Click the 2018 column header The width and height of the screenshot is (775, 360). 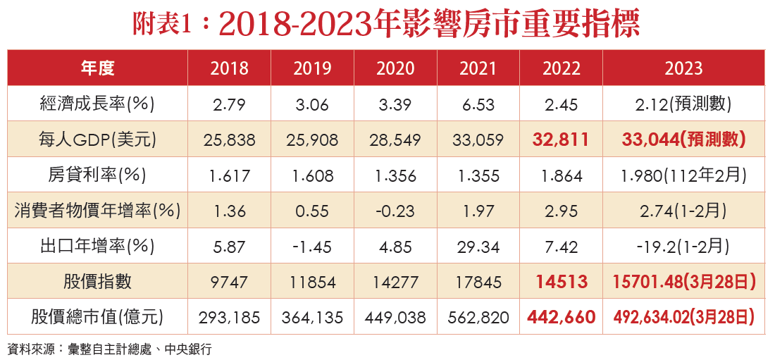pos(229,68)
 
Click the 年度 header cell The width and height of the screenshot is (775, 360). pos(97,68)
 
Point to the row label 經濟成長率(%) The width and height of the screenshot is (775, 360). pos(97,104)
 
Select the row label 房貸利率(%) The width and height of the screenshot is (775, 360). pos(97,175)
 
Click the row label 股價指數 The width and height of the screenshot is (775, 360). pos(97,282)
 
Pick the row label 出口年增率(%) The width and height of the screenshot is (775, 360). pos(97,246)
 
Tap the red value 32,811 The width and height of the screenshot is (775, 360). pos(561,139)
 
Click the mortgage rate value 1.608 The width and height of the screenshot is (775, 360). pos(312,175)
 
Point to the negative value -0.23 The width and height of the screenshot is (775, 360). pos(395,210)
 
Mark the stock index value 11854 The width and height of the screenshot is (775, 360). pos(312,282)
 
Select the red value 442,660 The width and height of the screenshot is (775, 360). pos(561,317)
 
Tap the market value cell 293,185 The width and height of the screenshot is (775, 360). pos(229,317)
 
